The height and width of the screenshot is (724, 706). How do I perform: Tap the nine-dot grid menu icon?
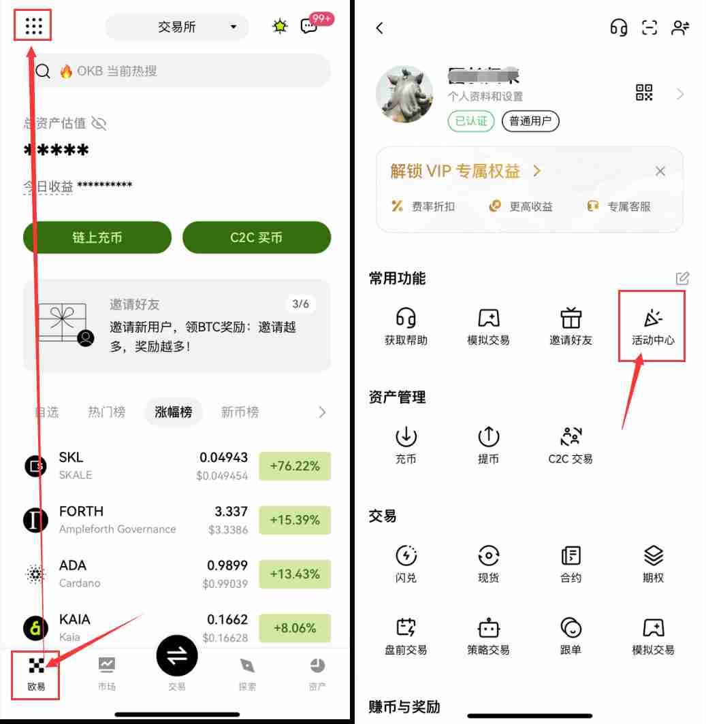coord(33,26)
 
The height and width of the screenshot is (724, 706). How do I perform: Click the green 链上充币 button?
coord(97,237)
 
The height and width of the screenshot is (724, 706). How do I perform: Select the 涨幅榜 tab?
coord(174,412)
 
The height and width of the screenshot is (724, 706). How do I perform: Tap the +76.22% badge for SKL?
coord(295,466)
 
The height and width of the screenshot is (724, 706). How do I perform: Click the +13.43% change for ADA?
coord(295,574)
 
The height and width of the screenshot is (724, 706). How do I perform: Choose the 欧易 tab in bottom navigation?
coord(37,674)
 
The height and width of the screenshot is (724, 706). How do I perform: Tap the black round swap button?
coord(177,655)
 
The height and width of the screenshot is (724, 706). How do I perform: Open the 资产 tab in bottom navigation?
coord(317,674)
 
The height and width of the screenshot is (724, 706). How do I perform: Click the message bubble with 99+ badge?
coord(310,26)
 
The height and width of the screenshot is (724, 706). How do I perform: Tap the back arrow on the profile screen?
coord(380,28)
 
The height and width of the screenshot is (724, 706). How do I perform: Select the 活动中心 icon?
coord(653,318)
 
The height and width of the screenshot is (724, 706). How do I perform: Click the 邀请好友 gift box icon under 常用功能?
coord(571,318)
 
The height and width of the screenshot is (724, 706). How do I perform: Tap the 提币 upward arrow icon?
coord(488,436)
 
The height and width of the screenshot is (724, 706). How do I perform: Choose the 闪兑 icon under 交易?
coord(406,555)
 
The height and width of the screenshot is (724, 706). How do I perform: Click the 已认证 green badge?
coord(471,121)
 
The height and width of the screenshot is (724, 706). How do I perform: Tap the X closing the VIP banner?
coord(660,171)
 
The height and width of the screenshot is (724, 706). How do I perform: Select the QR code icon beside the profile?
coord(644,93)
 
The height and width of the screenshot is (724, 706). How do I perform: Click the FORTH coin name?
coord(82,511)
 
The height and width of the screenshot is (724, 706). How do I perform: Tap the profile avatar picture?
coord(405,94)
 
